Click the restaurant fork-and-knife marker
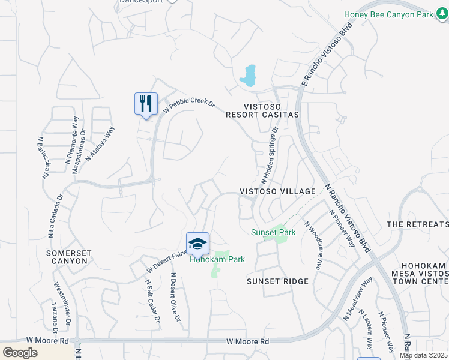pos(146,104)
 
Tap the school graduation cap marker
pos(197,244)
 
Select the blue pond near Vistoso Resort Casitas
pos(248,76)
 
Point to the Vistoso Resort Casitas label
pos(262,109)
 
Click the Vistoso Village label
pos(277,191)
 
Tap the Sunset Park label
pos(273,232)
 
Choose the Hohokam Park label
pos(217,260)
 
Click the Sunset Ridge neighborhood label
pos(277,281)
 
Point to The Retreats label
pos(418,224)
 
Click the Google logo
pos(20,353)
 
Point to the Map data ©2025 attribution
pos(424,355)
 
